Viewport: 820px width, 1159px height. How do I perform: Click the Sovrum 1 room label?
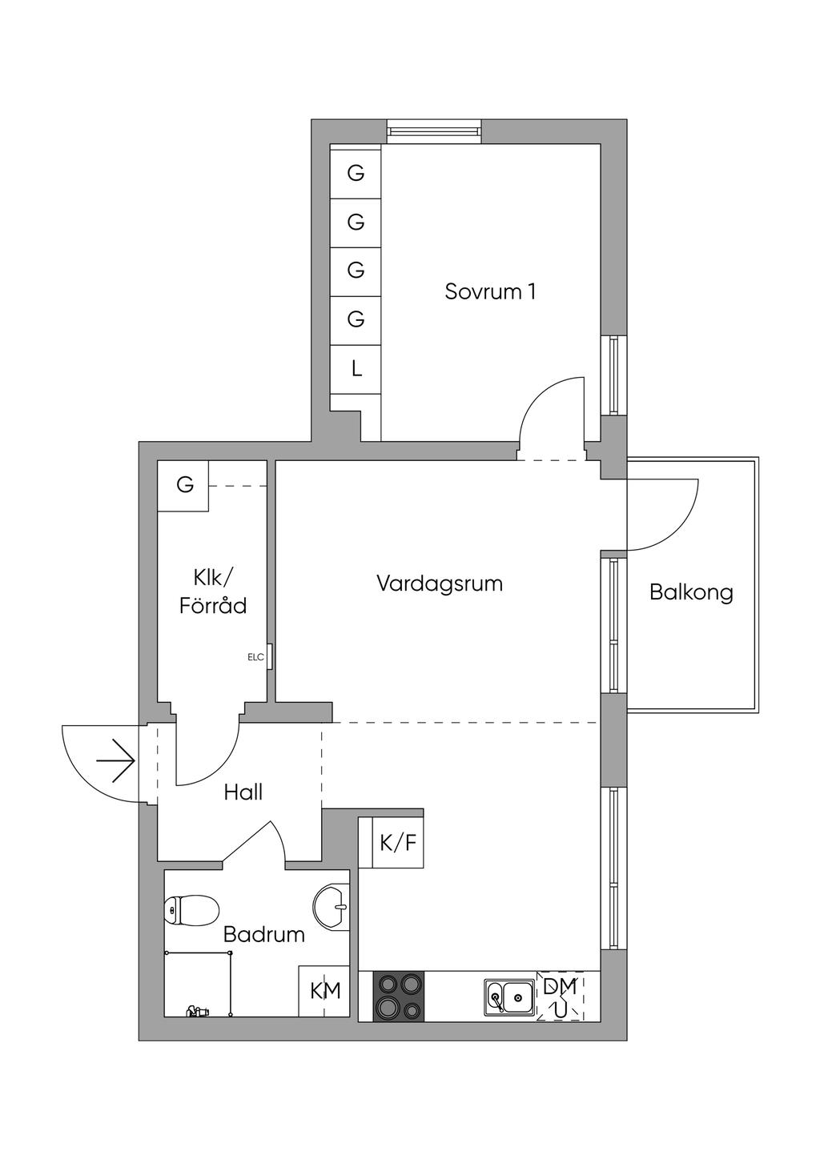point(490,291)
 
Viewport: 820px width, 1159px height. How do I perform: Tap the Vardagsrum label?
point(440,584)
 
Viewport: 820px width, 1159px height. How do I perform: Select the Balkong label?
point(691,592)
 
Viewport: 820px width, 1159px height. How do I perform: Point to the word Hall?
point(243,792)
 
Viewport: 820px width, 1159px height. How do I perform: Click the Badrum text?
point(263,934)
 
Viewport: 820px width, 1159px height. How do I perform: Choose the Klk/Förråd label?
point(213,592)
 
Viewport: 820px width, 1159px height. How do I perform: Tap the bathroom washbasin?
point(332,907)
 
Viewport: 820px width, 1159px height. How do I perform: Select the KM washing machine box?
point(325,991)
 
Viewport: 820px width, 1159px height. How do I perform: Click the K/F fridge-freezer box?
point(398,842)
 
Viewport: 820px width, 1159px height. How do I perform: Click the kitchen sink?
point(510,997)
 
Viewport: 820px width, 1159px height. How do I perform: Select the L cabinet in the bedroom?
point(356,369)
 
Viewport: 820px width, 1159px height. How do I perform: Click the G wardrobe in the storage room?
point(185,485)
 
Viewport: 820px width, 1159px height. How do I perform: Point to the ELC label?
point(255,657)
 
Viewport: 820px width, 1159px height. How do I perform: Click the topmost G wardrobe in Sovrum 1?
point(356,171)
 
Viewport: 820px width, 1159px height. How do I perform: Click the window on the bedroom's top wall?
point(434,130)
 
